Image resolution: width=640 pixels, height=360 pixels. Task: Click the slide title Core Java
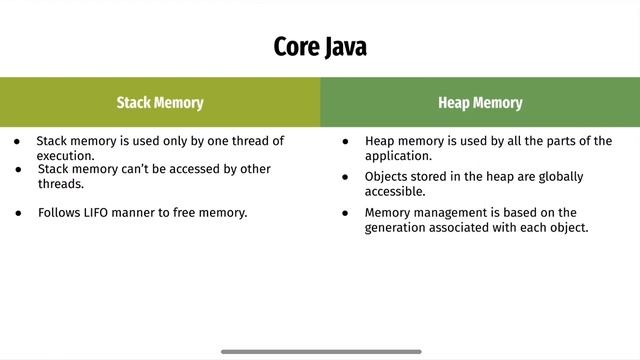click(x=320, y=47)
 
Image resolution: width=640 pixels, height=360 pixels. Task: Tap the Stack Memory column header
click(x=160, y=102)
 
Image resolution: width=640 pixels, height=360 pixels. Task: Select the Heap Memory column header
click(x=480, y=102)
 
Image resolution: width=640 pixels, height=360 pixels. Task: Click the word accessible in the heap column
click(x=395, y=191)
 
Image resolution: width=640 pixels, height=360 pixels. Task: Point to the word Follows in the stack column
click(x=60, y=212)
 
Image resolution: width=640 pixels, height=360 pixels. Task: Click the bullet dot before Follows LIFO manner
click(x=18, y=212)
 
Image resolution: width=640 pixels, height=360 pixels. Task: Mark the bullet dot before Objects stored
click(x=345, y=177)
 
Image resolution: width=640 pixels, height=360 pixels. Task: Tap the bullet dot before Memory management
click(x=345, y=213)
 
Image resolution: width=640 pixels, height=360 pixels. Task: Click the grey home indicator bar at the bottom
click(x=320, y=352)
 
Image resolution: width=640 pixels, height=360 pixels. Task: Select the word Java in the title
click(x=344, y=47)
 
